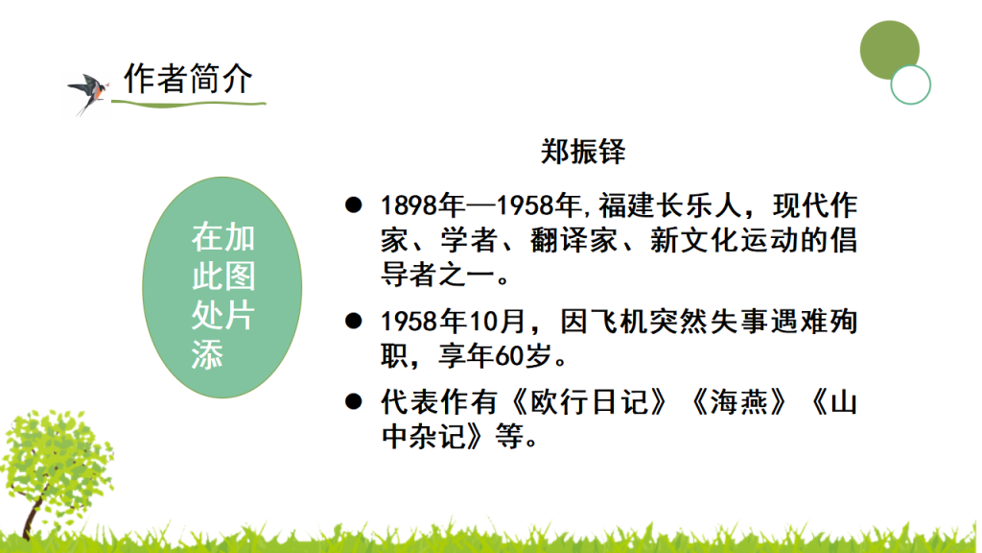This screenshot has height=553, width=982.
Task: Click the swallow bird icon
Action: pos(88,91)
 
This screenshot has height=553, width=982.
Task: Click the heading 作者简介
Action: pos(188,79)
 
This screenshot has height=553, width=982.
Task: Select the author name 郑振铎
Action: pos(583,153)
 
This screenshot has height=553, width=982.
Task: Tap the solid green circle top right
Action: pos(889,50)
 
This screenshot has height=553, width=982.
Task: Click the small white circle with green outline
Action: pos(910,84)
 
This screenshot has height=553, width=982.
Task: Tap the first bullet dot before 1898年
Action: pos(354,204)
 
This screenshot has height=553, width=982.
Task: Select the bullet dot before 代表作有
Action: pos(354,399)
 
